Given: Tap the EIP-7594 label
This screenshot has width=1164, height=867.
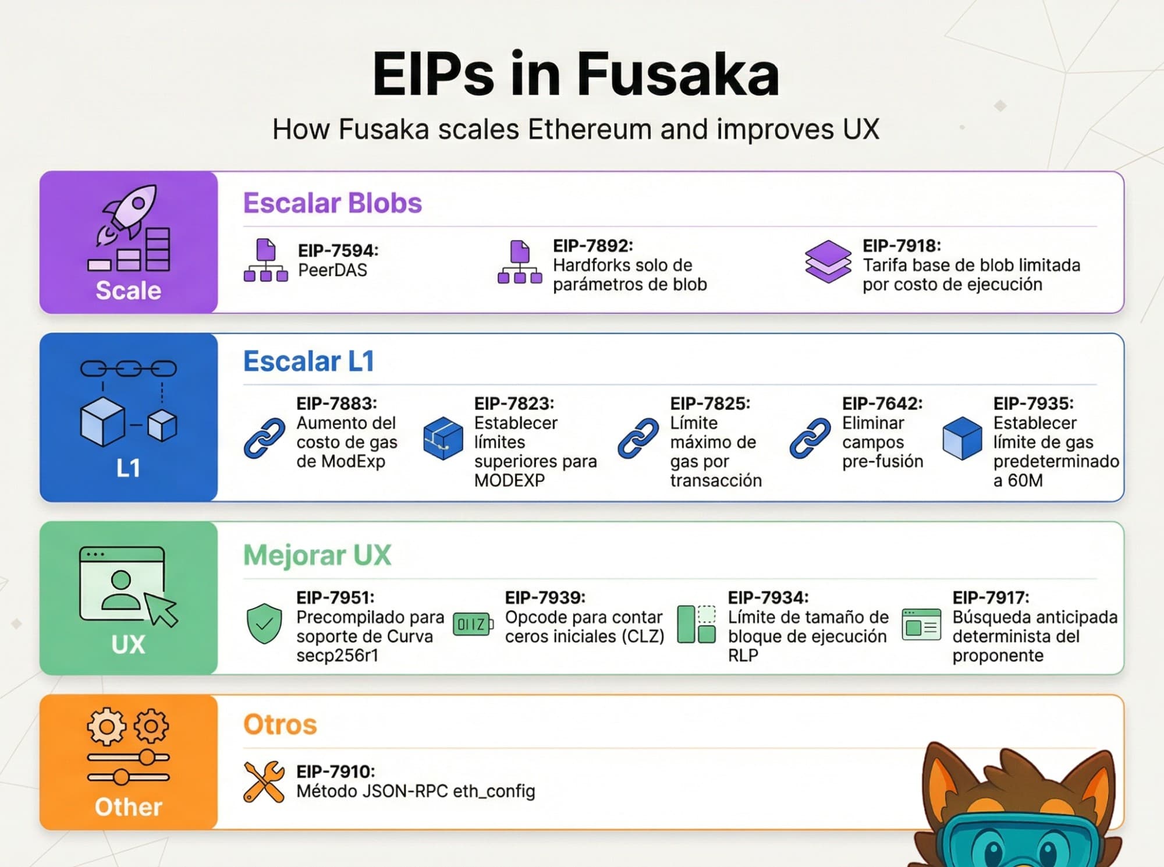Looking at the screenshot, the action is [338, 250].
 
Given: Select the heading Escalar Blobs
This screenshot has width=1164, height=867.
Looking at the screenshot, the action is [332, 203].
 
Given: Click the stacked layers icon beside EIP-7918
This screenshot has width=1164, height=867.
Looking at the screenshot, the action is [828, 261].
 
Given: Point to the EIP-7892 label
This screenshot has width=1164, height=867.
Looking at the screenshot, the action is [592, 246].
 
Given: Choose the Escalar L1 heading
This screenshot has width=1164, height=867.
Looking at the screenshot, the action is [308, 361].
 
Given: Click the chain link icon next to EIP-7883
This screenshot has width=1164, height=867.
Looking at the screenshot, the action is [264, 438].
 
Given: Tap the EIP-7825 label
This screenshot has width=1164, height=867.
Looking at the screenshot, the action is [710, 404].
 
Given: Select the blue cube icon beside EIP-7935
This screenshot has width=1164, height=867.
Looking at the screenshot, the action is [962, 438].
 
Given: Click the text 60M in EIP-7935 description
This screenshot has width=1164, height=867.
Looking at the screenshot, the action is [1025, 480].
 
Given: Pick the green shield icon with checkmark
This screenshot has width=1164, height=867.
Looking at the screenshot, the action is [264, 623].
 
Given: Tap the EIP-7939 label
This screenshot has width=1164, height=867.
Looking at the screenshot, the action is [545, 597].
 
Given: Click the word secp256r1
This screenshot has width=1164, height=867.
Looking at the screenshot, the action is [338, 656].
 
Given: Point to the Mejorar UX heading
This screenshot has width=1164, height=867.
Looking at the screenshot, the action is [317, 555].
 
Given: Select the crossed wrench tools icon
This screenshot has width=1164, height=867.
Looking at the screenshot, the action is [264, 781].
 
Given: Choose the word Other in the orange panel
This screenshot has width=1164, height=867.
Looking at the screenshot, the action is [129, 807].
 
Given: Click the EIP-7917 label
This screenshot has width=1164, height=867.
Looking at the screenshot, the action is [991, 597].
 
